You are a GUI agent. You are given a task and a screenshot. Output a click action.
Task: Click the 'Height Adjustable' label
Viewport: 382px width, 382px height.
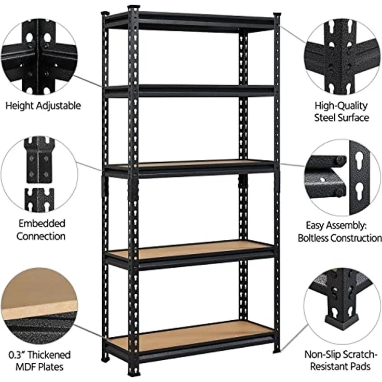[x=43, y=106]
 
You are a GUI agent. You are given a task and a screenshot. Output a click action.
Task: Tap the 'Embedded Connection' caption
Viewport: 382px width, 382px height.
[x=41, y=230]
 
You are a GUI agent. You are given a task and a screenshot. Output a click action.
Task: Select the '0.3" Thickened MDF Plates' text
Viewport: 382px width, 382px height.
[x=39, y=361]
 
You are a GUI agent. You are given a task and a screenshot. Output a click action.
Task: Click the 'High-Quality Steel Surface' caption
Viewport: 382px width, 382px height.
[x=342, y=112]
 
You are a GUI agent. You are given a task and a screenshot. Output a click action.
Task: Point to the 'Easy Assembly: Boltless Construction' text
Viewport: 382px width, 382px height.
[x=340, y=232]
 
